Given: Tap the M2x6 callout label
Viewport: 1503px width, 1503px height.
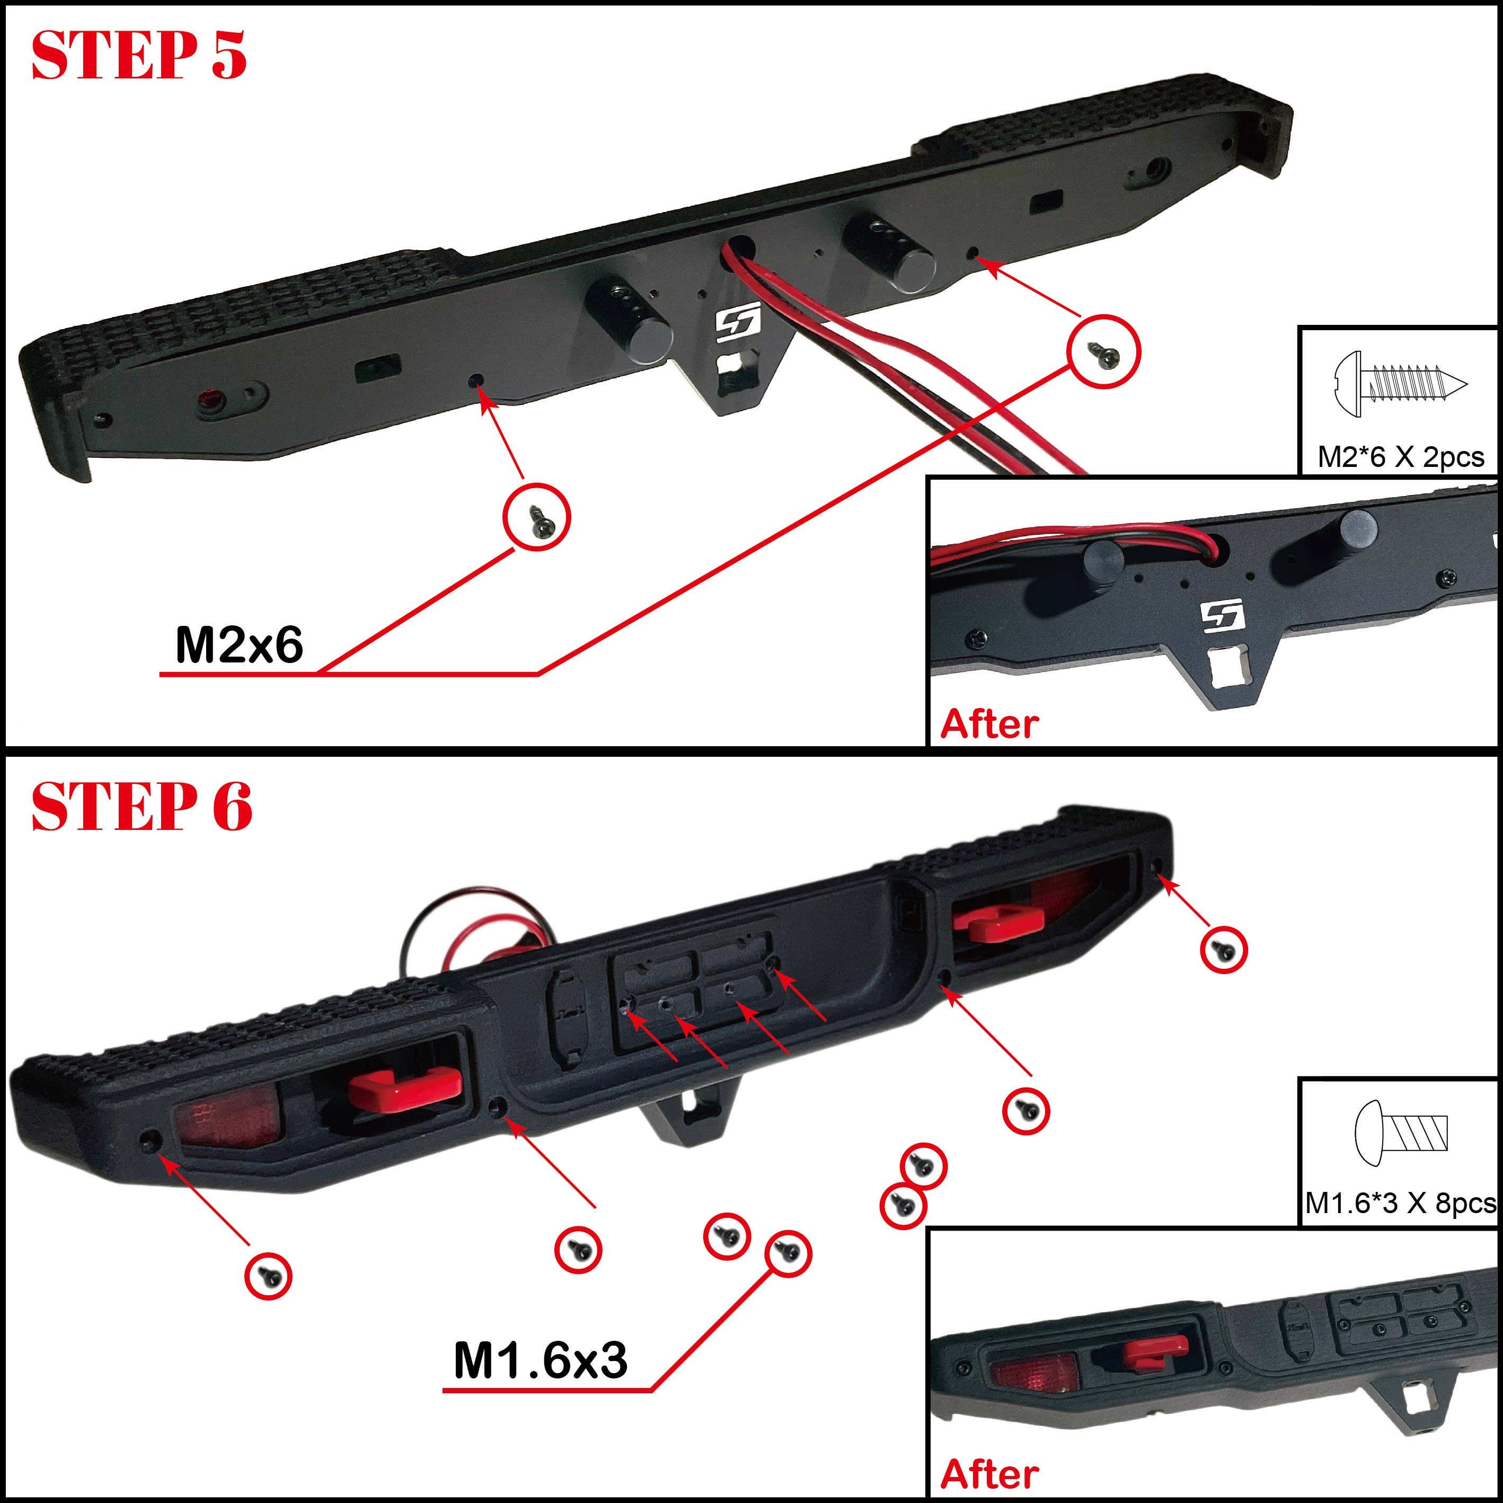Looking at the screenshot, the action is [x=239, y=645].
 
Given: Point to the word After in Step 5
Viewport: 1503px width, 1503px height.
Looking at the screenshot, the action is [x=989, y=723].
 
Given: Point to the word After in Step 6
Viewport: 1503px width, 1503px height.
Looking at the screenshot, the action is [x=989, y=1474].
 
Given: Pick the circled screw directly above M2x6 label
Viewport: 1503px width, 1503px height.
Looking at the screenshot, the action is [x=537, y=517].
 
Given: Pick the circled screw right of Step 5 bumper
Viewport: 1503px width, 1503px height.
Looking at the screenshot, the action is [x=1104, y=351].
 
